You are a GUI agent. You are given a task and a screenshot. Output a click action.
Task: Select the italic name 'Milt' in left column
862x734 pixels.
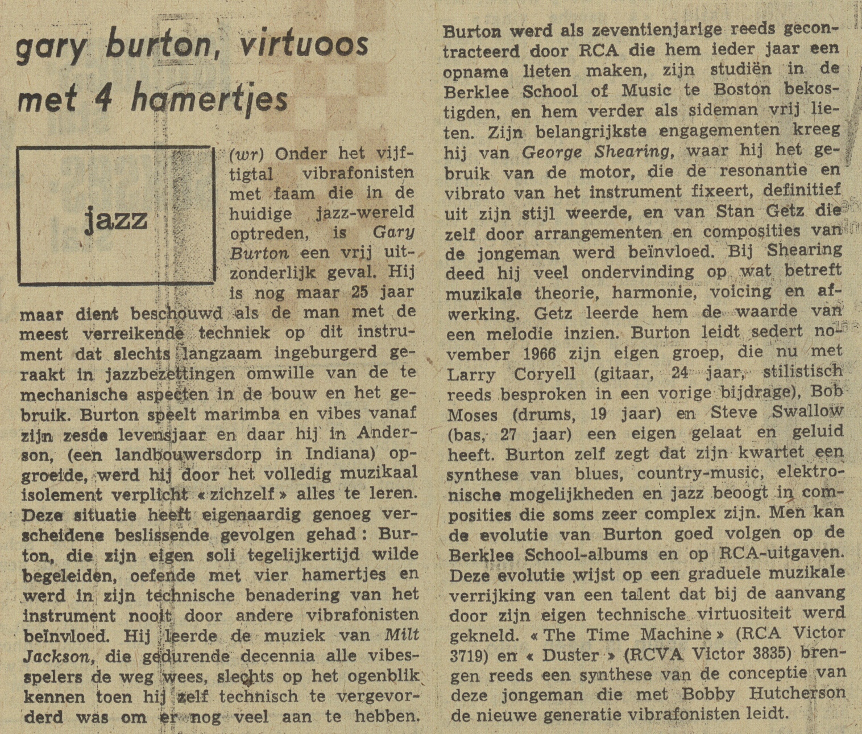pyautogui.click(x=401, y=635)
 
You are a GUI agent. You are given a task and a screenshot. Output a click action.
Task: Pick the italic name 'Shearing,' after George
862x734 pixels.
pyautogui.click(x=632, y=151)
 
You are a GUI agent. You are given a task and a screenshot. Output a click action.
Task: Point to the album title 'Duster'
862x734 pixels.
pyautogui.click(x=570, y=655)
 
